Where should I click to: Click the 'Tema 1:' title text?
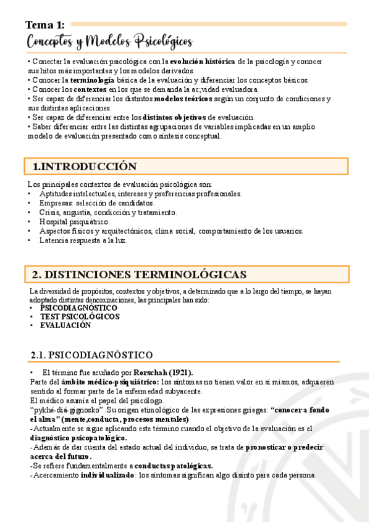44,25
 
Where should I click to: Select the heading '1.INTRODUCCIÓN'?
85,167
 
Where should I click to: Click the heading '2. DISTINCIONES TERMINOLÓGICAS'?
139,274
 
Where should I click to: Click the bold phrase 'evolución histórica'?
203,62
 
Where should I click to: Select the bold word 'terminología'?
92,80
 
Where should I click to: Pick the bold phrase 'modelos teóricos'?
183,99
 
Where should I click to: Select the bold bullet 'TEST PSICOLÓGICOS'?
80,316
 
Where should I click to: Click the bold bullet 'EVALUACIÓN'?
65,325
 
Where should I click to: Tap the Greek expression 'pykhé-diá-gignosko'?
65,410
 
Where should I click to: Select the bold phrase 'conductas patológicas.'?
174,466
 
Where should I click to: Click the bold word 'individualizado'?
107,475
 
